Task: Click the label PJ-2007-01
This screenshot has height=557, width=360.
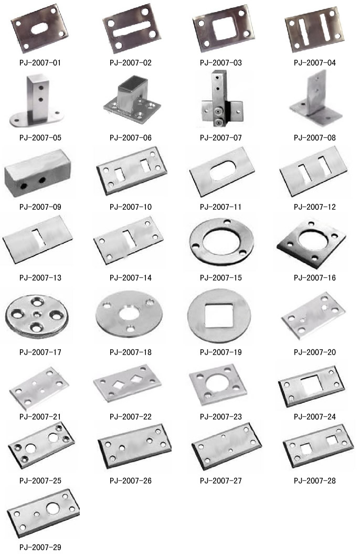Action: (x=40, y=63)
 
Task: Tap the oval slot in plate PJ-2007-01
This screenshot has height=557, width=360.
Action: (x=40, y=28)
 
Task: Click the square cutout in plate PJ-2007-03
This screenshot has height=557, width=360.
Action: (x=224, y=28)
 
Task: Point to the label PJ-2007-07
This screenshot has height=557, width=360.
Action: (x=221, y=138)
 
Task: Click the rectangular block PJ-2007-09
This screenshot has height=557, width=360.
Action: (x=38, y=174)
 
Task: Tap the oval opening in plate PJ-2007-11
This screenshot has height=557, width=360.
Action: (x=223, y=171)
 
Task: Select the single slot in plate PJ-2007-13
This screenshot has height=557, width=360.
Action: (x=39, y=238)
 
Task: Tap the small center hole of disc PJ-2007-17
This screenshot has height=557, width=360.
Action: (x=37, y=314)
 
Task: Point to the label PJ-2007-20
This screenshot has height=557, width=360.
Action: (x=314, y=352)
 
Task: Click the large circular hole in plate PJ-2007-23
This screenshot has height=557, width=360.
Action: (x=217, y=383)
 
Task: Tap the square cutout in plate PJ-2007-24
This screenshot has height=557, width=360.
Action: (x=312, y=385)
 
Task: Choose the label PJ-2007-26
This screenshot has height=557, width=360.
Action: (x=131, y=481)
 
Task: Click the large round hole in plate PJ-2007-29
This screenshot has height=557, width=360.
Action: (x=53, y=509)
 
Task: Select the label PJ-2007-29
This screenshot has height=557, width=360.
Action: (x=40, y=548)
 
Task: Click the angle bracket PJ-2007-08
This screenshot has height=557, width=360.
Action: (x=315, y=100)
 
